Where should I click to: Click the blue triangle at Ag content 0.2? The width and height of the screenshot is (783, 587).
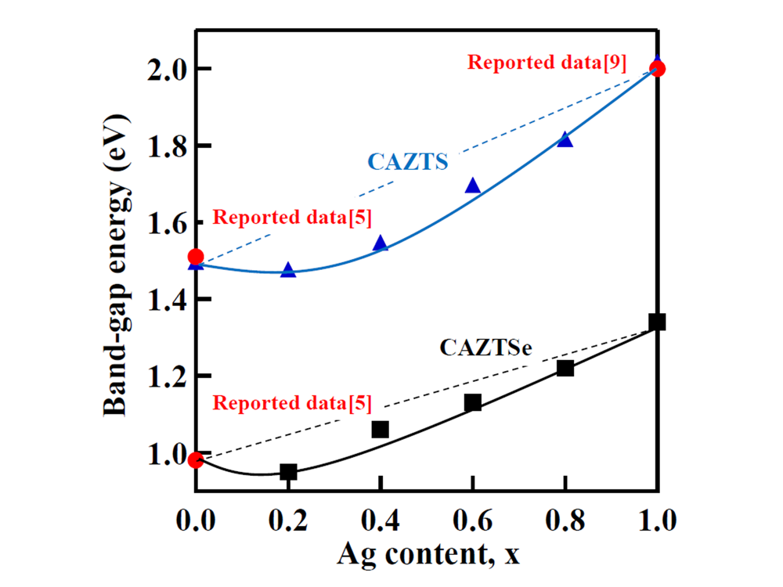(288, 270)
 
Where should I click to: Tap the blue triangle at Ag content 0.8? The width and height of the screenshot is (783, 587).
(565, 139)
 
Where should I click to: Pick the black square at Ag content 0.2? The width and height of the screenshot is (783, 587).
(288, 472)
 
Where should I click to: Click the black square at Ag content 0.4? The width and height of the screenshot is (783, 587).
(381, 429)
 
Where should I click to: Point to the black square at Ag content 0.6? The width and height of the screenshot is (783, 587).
(473, 402)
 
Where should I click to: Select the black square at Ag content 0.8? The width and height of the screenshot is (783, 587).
(565, 368)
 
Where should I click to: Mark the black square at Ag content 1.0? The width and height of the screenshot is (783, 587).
(657, 322)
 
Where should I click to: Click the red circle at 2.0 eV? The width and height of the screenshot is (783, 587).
(658, 68)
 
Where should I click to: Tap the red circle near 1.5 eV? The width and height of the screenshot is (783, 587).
(196, 257)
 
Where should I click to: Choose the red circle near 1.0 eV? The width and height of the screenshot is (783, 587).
(196, 459)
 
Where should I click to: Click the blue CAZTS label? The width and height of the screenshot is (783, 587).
(407, 162)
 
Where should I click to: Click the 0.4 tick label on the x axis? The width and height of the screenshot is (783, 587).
(381, 519)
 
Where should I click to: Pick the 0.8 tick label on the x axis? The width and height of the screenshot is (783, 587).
(565, 519)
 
